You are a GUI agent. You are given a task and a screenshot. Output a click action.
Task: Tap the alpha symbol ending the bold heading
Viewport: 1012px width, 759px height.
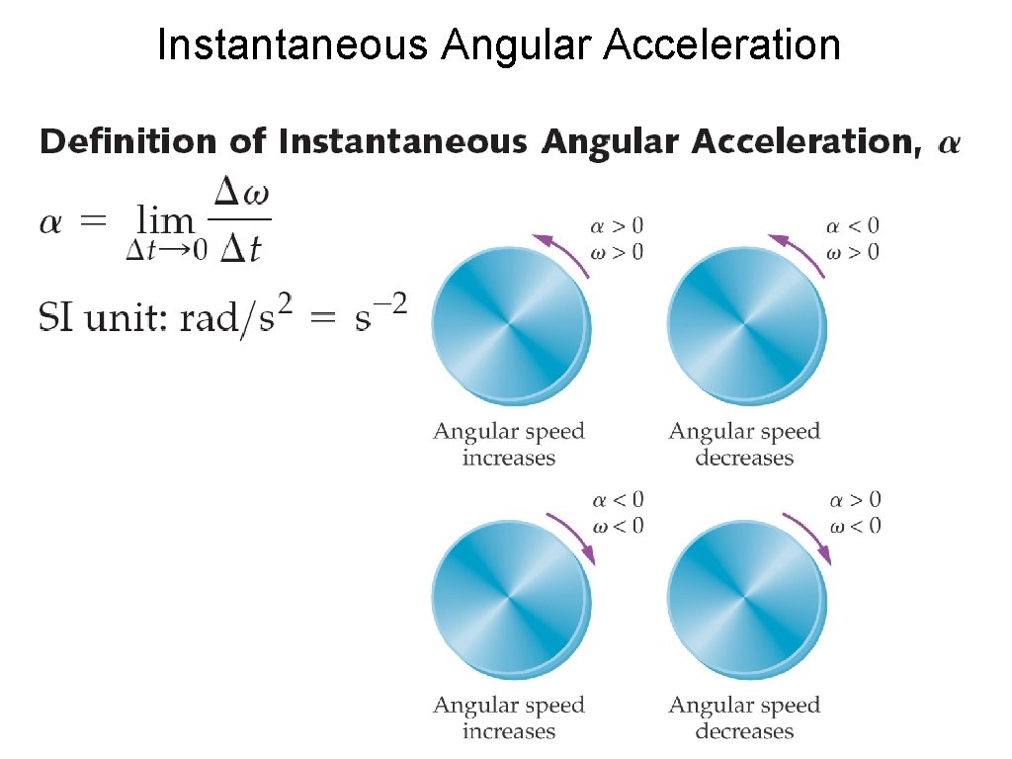[947, 144]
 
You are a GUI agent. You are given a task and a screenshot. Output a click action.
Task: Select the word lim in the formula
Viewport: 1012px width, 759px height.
[166, 219]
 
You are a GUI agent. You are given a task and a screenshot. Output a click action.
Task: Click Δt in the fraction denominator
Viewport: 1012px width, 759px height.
[240, 249]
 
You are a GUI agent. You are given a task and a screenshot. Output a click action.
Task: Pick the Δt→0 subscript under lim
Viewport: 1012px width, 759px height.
[166, 251]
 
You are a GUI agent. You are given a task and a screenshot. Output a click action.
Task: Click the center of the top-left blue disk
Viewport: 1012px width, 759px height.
[509, 323]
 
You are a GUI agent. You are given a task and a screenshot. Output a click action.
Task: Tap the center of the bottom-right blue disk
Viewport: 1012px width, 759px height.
[745, 597]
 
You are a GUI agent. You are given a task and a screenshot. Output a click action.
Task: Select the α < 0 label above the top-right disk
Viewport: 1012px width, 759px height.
[853, 226]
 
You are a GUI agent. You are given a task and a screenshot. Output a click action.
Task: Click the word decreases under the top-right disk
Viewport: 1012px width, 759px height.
[744, 458]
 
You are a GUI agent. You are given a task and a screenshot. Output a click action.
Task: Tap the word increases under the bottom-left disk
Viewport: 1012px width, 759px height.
[508, 731]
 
